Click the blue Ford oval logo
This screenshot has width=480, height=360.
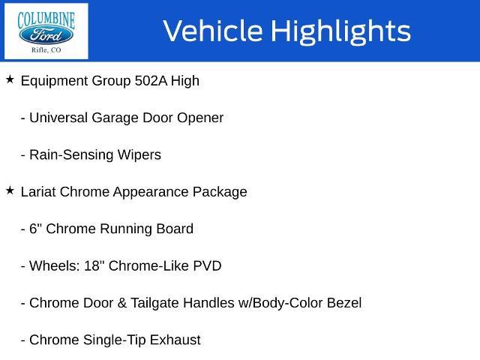tap(46, 35)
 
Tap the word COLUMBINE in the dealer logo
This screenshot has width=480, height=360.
tap(46, 19)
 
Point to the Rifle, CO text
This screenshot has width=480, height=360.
tap(46, 50)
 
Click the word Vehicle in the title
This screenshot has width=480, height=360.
tap(213, 31)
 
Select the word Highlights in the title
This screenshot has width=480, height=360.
tap(341, 31)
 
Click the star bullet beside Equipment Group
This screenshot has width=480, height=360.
tap(10, 79)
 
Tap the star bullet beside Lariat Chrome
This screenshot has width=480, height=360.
tap(10, 190)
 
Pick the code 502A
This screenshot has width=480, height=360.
tap(151, 81)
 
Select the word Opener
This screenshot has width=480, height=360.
tap(200, 118)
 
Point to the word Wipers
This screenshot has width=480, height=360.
tap(139, 155)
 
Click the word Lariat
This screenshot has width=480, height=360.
tap(38, 192)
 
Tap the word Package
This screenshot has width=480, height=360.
tap(220, 193)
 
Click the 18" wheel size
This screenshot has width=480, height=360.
tap(92, 265)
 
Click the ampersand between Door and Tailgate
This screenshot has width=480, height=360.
tap(121, 303)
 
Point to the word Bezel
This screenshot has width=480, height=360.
tap(344, 303)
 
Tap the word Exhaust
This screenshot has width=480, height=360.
tap(175, 340)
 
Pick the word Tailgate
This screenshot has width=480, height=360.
tap(157, 304)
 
